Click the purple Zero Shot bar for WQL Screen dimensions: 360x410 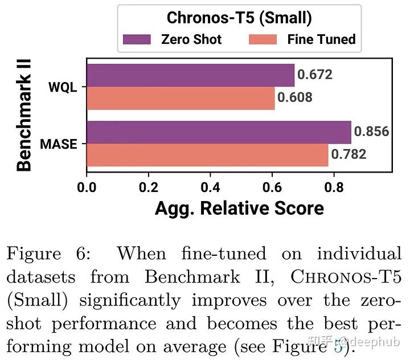pyautogui.click(x=190, y=75)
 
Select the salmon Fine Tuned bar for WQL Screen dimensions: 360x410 pyautogui.click(x=181, y=97)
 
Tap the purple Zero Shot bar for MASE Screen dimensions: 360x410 pyautogui.click(x=219, y=132)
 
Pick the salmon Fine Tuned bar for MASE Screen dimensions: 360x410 pyautogui.click(x=207, y=154)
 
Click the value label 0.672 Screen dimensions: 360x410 pyautogui.click(x=315, y=75)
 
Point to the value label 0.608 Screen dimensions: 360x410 pyautogui.click(x=295, y=97)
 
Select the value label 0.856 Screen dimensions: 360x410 pyautogui.click(x=371, y=132)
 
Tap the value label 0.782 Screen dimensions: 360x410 pyautogui.click(x=349, y=154)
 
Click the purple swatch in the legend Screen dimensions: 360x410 pyautogui.click(x=137, y=39)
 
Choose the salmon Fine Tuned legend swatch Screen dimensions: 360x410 pyautogui.click(x=263, y=39)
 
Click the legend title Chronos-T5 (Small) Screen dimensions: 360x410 pyautogui.click(x=239, y=18)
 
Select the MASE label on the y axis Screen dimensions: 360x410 pyautogui.click(x=58, y=144)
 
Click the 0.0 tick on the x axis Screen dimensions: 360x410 pyautogui.click(x=87, y=186)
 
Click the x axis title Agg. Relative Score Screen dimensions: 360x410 pyautogui.click(x=239, y=208)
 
